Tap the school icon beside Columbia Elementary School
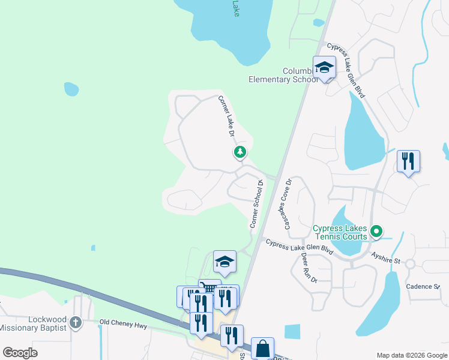[324, 68]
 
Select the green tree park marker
[240, 152]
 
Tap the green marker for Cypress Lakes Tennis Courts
[376, 230]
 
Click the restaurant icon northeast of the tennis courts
[408, 161]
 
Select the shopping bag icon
[262, 348]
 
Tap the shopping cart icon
[209, 289]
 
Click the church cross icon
[75, 322]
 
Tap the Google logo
[20, 353]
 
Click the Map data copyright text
[411, 355]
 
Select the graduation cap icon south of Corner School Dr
[224, 262]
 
